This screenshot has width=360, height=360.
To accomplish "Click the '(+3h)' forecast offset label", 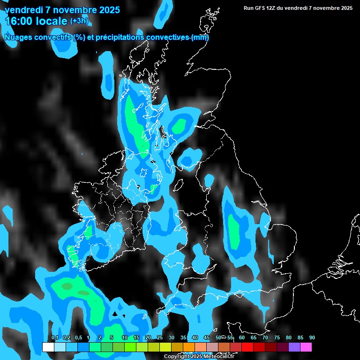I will tap(79, 21).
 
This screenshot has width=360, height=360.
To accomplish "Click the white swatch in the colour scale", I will tap(48, 347).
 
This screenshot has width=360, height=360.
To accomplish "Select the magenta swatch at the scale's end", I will tap(306, 347).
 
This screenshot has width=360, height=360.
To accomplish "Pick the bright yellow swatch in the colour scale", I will tap(165, 347).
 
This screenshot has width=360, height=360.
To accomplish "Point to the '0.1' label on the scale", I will tap(54, 338).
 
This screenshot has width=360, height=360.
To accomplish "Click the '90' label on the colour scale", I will tap(312, 338).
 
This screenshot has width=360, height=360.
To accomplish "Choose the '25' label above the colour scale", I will tap(160, 338).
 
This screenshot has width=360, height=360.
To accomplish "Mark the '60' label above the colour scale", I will tap(242, 338).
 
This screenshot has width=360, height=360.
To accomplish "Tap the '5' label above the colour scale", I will tap(112, 338).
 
